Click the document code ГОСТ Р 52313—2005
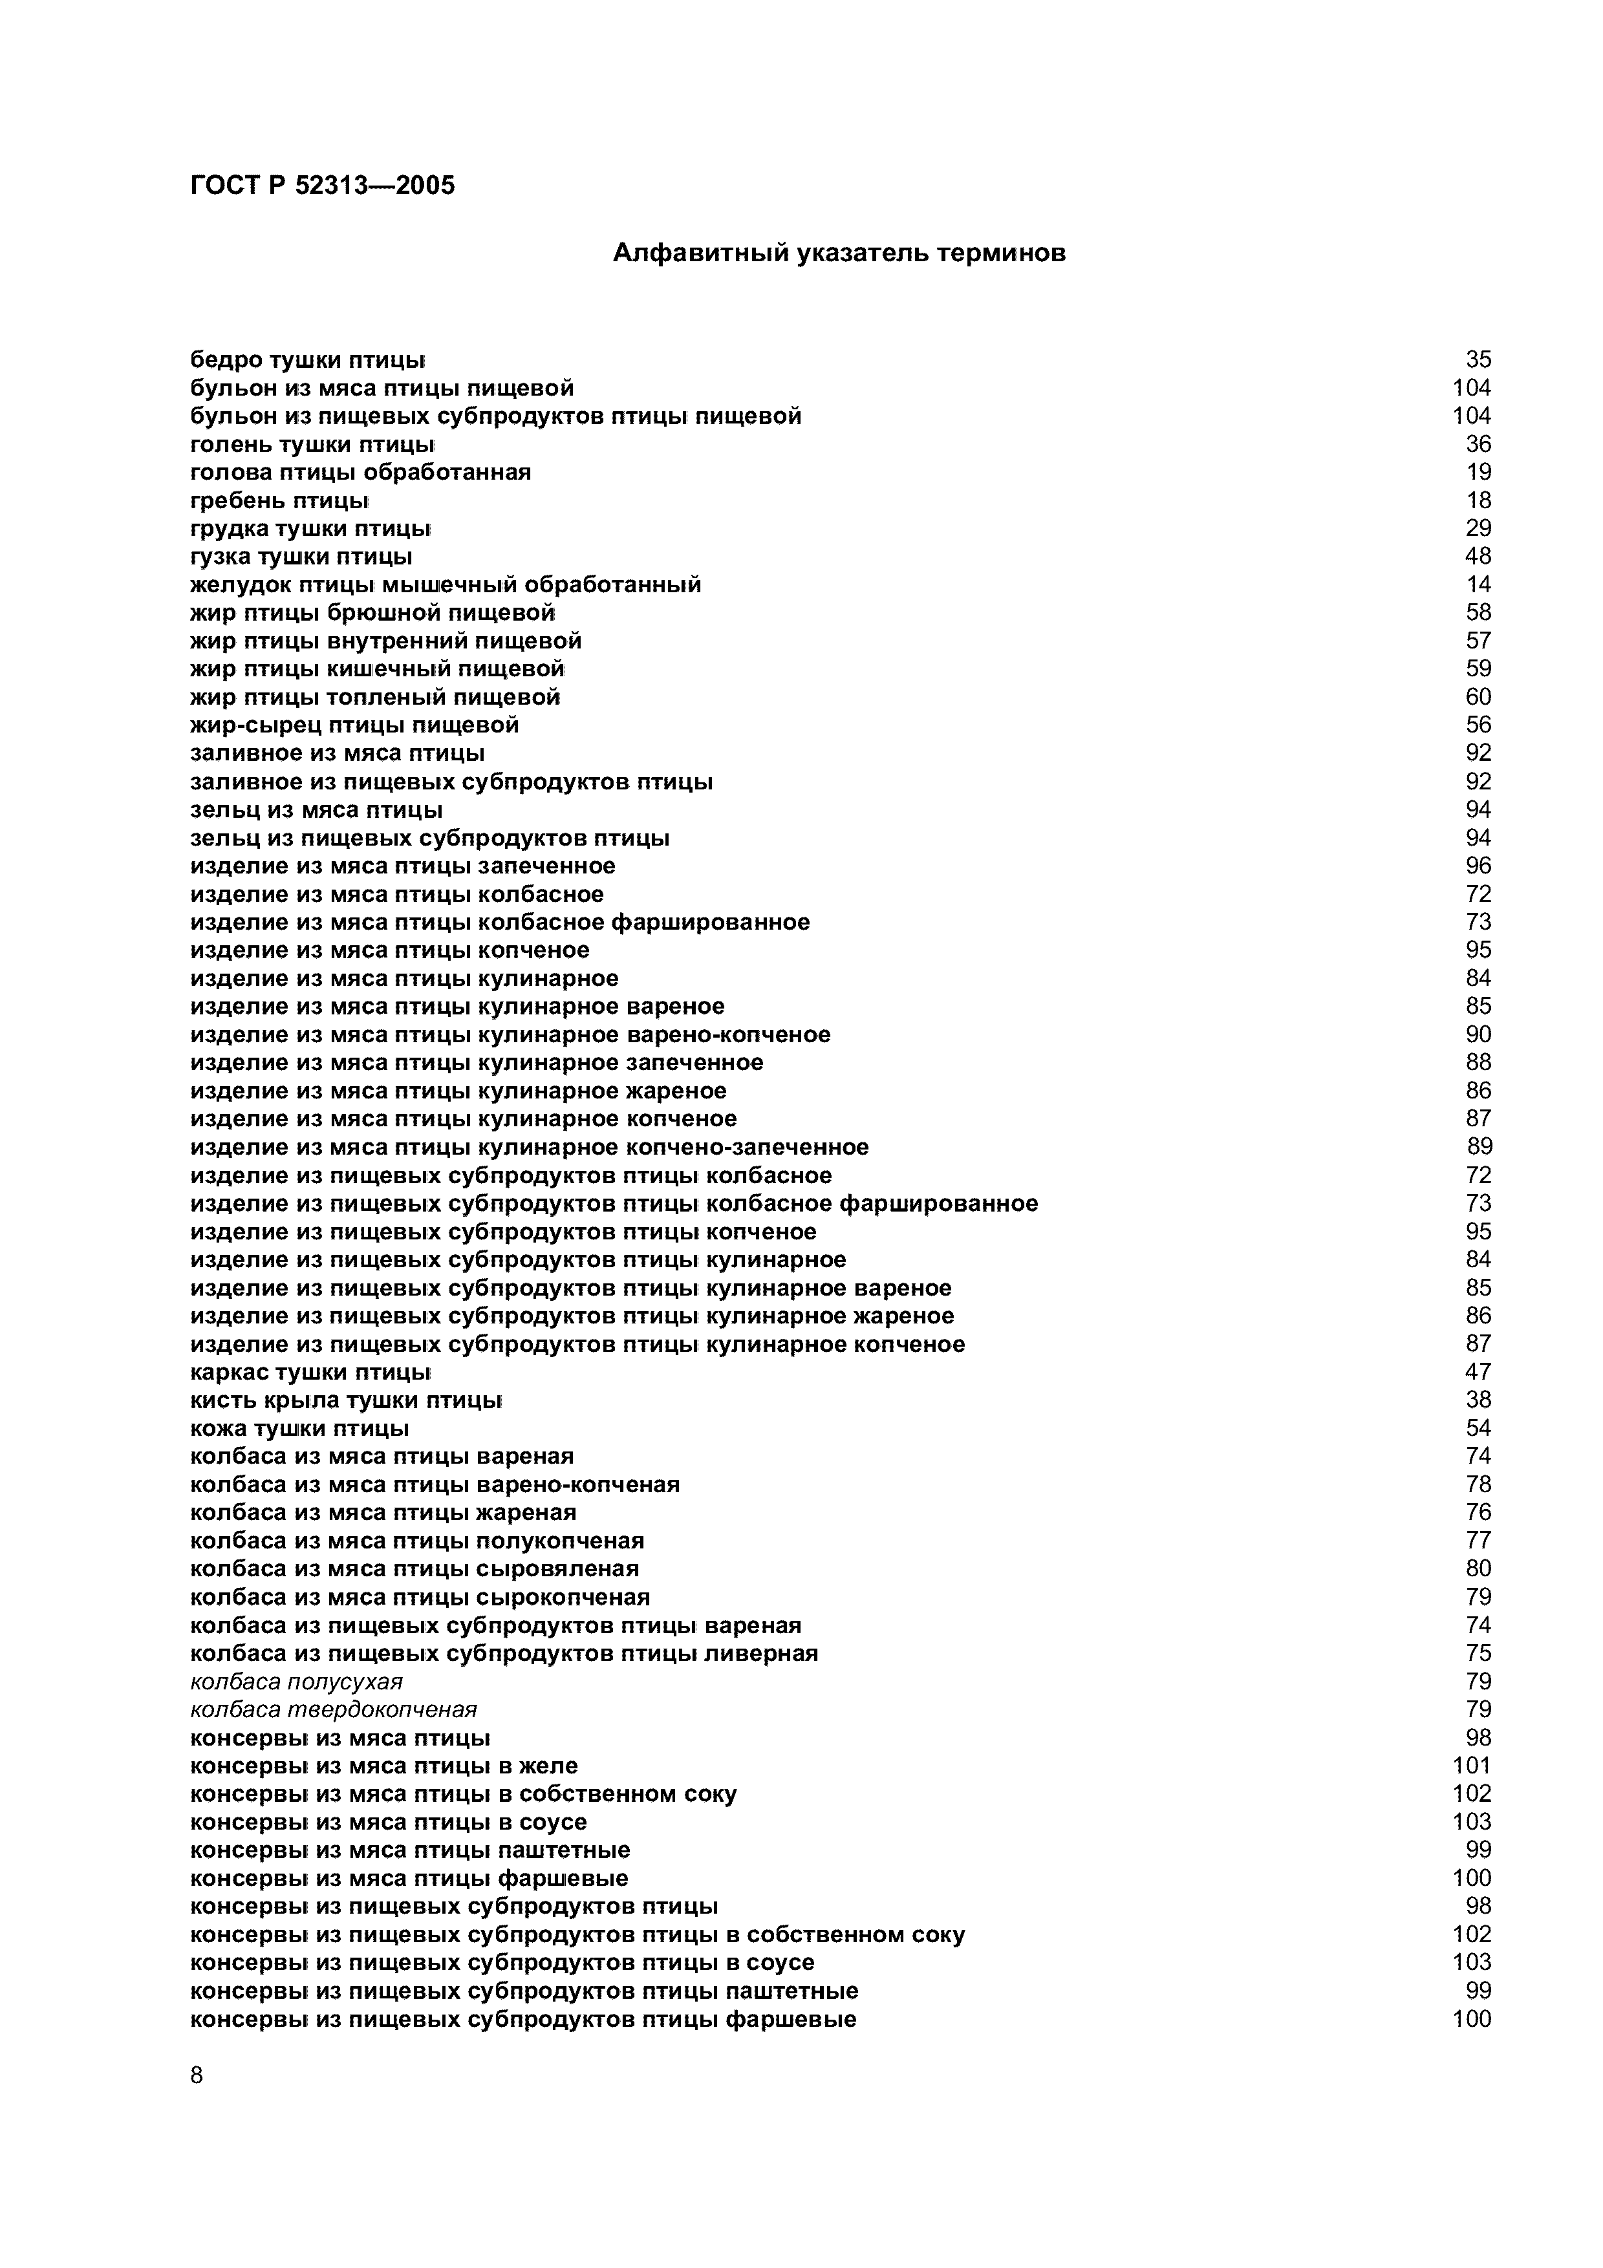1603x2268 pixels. tap(322, 186)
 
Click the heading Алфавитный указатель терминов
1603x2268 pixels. tap(839, 254)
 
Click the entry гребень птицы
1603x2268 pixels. tap(279, 501)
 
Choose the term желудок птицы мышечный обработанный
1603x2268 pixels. tap(446, 585)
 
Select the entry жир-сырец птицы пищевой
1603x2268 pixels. tap(354, 726)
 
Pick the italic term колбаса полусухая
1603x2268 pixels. tap(296, 1681)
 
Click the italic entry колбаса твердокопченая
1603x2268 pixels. tap(333, 1710)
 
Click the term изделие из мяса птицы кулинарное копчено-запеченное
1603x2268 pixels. tap(530, 1147)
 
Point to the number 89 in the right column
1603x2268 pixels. tap(1479, 1147)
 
